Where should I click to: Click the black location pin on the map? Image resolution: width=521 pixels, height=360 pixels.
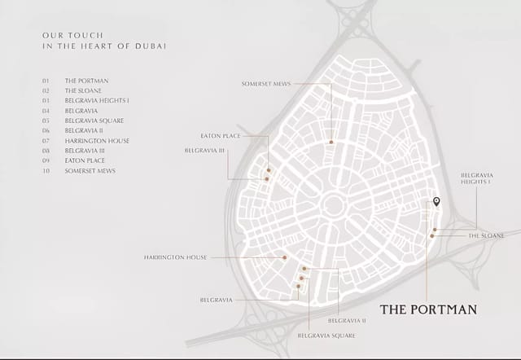[436, 201]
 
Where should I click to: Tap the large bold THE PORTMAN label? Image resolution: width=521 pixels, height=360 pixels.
[428, 310]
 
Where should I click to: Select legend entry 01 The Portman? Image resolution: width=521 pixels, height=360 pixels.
[86, 81]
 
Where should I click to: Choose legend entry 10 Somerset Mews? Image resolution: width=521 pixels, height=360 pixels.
[90, 171]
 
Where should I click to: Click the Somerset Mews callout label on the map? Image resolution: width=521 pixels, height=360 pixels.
[266, 84]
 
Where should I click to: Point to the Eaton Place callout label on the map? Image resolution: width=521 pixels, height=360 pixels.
[220, 136]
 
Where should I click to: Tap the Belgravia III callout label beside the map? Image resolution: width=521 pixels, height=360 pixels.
[206, 151]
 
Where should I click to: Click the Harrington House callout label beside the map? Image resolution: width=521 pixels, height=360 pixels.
[175, 257]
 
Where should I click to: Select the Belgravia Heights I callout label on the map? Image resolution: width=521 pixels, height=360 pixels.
[475, 178]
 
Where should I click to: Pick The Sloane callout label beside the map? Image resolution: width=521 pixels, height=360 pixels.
[486, 235]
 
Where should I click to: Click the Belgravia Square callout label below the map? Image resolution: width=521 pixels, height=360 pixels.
[326, 336]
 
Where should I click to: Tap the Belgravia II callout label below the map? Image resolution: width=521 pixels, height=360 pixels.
[347, 321]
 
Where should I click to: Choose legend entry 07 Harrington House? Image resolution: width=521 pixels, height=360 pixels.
[97, 141]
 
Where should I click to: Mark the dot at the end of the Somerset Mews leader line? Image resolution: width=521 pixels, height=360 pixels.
[331, 142]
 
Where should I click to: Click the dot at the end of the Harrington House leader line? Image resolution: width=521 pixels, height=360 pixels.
[285, 257]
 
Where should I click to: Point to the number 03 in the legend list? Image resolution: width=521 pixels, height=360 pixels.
[46, 101]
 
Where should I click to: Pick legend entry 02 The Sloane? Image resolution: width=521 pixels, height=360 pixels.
[85, 91]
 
